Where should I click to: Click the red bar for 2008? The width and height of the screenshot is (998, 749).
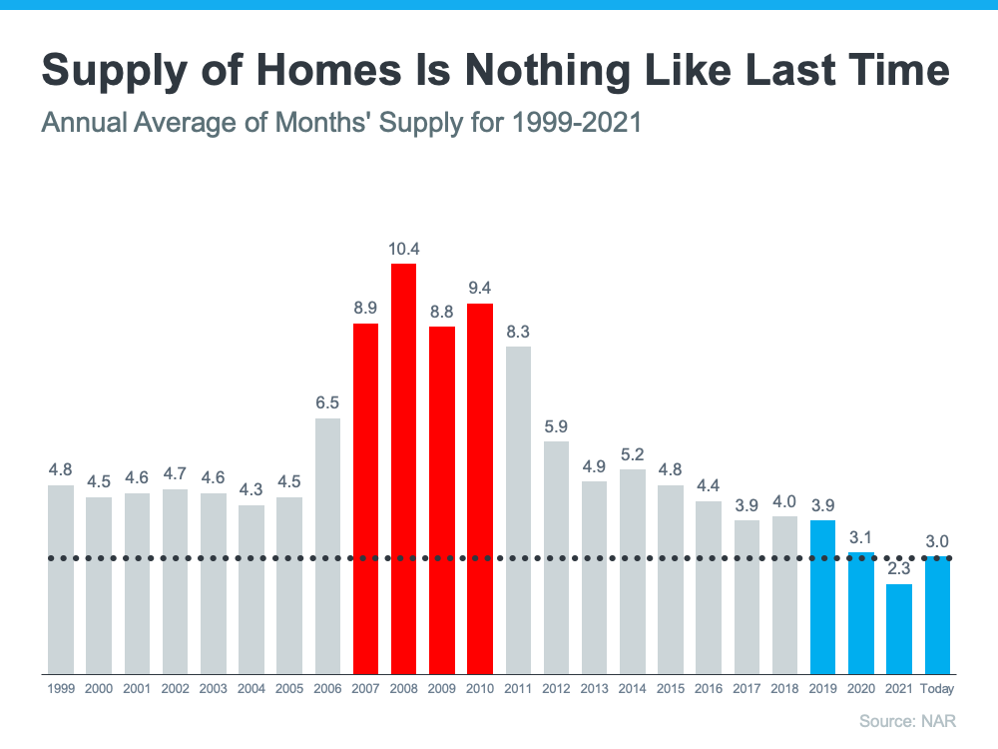click(403, 468)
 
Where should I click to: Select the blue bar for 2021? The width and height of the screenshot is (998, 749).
click(899, 628)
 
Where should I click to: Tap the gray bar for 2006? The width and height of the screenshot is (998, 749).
click(327, 545)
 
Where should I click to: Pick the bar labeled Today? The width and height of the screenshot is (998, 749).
click(937, 615)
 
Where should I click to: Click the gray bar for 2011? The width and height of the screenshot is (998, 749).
click(518, 509)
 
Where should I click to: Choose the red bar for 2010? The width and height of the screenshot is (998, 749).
click(480, 488)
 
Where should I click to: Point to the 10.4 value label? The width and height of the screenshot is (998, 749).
click(403, 248)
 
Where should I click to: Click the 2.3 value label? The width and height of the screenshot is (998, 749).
click(899, 568)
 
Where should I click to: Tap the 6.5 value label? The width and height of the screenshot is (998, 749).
click(327, 402)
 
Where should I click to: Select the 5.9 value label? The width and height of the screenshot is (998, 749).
click(556, 425)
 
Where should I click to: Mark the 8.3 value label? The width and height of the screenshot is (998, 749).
click(518, 331)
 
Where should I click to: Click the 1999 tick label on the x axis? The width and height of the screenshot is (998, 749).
click(60, 689)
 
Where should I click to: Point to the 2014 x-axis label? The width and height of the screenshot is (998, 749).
click(632, 689)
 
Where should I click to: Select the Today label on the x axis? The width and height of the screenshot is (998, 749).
click(937, 689)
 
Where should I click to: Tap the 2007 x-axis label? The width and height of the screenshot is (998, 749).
click(365, 689)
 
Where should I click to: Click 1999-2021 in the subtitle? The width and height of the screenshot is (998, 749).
click(576, 124)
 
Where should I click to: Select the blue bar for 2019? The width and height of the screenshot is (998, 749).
click(822, 596)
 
